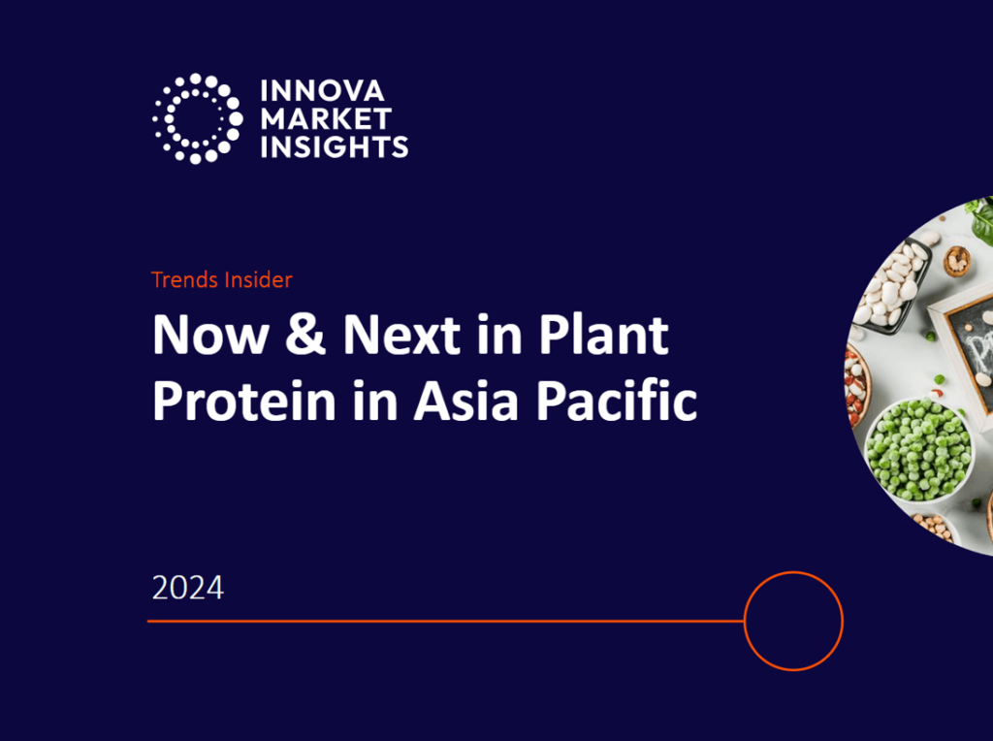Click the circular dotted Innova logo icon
tap(197, 118)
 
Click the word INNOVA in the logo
tap(322, 92)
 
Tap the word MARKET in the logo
tap(326, 119)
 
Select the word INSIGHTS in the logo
tap(334, 146)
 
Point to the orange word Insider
tap(255, 280)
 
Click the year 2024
tap(187, 588)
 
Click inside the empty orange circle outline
tap(793, 621)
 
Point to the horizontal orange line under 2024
tap(446, 621)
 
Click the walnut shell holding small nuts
tap(957, 260)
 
